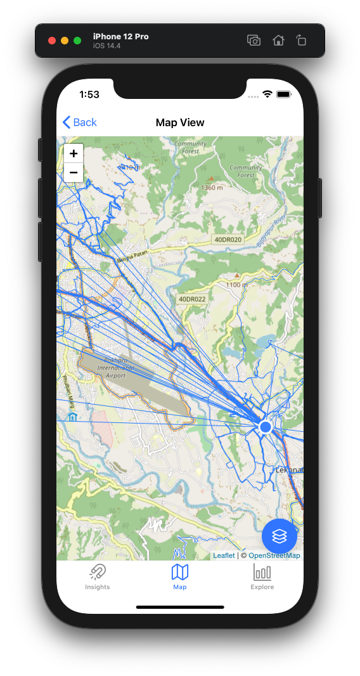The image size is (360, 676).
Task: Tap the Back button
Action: click(x=80, y=122)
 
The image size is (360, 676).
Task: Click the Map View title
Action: click(x=180, y=122)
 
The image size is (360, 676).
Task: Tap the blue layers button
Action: click(x=280, y=536)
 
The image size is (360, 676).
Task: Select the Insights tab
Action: click(x=98, y=576)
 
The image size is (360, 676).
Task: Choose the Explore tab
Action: click(x=262, y=576)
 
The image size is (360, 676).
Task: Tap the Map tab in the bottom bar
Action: click(x=180, y=576)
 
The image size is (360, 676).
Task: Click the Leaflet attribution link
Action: click(x=224, y=556)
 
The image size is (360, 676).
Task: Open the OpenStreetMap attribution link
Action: click(x=274, y=556)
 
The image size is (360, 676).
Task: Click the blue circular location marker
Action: click(x=266, y=427)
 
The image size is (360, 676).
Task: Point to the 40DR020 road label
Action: click(x=227, y=240)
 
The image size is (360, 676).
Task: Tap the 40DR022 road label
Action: click(x=192, y=299)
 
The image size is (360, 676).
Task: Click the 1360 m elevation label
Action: click(x=211, y=188)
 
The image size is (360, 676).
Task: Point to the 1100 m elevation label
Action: click(x=236, y=285)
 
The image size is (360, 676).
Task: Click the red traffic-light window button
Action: click(x=52, y=41)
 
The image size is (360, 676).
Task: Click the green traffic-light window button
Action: click(x=77, y=41)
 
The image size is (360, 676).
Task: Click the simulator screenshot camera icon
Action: click(x=254, y=41)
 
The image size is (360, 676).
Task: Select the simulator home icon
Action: click(x=278, y=41)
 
